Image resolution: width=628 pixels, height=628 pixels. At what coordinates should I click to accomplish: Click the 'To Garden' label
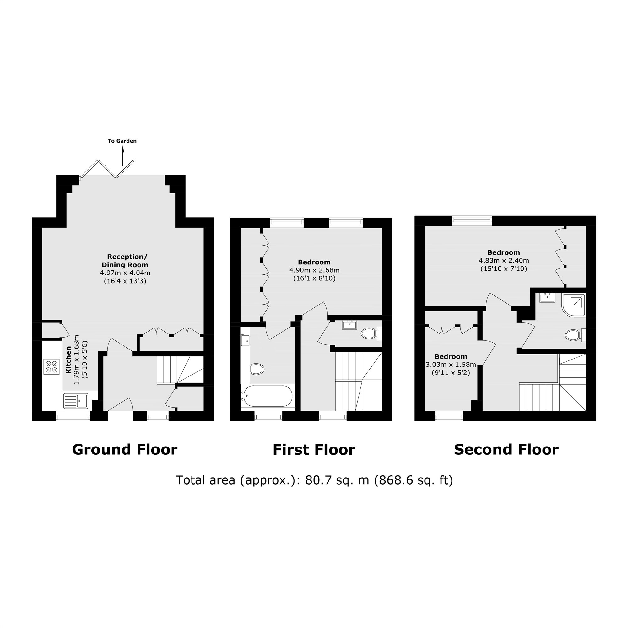122,141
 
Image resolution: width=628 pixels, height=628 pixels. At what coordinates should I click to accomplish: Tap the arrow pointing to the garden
123,156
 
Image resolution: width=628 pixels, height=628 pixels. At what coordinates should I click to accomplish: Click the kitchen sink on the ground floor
76,400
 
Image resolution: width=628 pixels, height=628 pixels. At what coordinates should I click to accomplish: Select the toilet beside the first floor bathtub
257,369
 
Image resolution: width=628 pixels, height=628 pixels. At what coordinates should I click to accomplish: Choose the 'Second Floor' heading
506,450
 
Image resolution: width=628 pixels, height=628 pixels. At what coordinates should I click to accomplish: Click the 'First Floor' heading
314,450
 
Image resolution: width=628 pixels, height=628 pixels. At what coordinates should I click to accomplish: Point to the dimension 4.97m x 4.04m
125,273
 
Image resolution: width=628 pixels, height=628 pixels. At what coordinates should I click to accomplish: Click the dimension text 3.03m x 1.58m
451,364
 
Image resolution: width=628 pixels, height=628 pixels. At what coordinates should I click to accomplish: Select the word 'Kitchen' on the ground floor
68,360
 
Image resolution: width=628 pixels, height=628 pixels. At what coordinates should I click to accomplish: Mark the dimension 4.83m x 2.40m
504,260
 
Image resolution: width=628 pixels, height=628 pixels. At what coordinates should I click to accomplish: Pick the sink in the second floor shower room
547,297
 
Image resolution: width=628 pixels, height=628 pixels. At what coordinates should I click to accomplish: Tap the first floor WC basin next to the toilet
350,325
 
